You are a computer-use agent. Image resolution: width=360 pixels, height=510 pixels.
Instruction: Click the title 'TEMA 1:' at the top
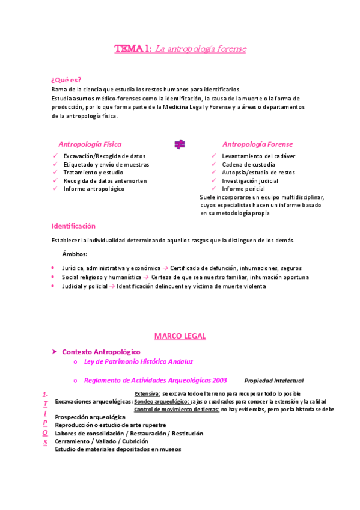[x=133, y=49]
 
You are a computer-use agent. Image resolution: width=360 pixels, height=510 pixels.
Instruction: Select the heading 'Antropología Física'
[x=90, y=144]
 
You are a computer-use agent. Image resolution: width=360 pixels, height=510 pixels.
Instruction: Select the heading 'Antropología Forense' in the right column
[x=257, y=144]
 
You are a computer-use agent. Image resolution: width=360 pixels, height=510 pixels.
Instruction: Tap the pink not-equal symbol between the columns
[x=179, y=144]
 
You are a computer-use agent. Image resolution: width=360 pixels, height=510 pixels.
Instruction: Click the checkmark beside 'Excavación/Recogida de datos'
[x=55, y=156]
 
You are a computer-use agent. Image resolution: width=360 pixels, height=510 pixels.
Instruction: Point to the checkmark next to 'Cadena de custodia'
[x=215, y=164]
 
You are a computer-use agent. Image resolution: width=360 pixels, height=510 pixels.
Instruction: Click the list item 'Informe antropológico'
[x=94, y=189]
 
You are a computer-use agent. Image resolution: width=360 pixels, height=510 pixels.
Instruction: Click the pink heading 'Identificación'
[x=73, y=226]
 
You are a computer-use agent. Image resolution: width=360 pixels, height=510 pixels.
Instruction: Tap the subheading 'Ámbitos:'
[x=75, y=254]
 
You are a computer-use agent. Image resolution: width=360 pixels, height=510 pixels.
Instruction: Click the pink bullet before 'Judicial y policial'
[x=53, y=286]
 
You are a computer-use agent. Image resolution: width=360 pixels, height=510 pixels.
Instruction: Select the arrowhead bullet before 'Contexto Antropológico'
[x=54, y=351]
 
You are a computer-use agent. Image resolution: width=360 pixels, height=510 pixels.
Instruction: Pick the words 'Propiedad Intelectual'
[x=273, y=381]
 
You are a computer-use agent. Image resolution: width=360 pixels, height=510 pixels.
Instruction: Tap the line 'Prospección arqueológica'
[x=90, y=417]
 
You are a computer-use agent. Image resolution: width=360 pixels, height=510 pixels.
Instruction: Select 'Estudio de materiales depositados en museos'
[x=118, y=449]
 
